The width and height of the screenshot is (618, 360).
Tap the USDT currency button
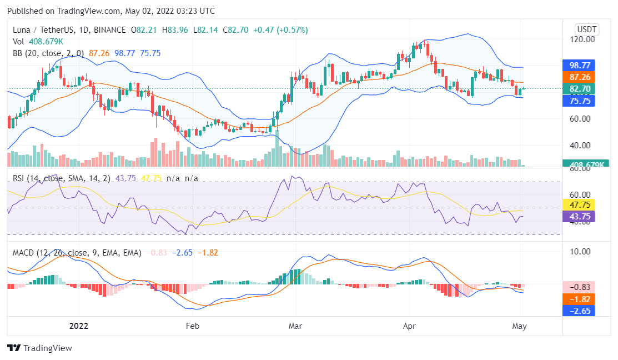coord(586,29)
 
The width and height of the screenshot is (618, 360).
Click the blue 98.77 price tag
coord(579,65)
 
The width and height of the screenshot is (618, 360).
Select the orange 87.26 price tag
coord(579,77)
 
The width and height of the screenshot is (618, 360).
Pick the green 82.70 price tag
coord(579,89)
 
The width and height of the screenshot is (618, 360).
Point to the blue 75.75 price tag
coord(579,101)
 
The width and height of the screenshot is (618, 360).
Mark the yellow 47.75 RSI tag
coord(579,204)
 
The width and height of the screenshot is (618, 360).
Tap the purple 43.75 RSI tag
coord(579,216)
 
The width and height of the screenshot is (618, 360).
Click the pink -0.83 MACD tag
coord(579,287)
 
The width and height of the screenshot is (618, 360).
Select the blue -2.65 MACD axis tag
coord(579,311)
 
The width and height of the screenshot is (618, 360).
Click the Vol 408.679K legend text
coord(38,41)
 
